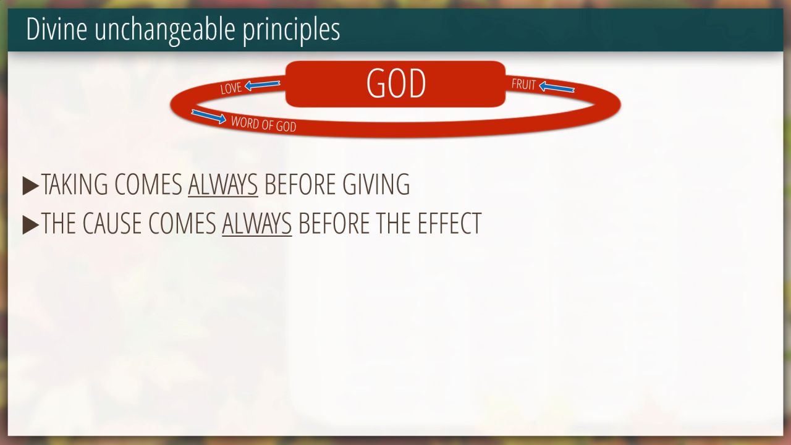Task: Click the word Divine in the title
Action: point(56,29)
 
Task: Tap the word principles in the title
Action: point(291,31)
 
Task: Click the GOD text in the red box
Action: point(396,83)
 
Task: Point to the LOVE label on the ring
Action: point(231,88)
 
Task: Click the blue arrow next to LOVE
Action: point(263,85)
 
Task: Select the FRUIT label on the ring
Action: point(523,85)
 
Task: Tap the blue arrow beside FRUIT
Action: point(557,87)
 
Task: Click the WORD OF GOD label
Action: point(263,124)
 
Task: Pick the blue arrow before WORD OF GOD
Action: point(209,117)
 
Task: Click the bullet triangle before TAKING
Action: point(30,186)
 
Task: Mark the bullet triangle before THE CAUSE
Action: point(30,225)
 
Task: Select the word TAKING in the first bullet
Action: point(75,184)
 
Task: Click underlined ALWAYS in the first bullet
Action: point(223,185)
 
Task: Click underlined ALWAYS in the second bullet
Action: point(256,224)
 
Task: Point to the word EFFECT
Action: point(449,223)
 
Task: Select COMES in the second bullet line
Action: point(182,223)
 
